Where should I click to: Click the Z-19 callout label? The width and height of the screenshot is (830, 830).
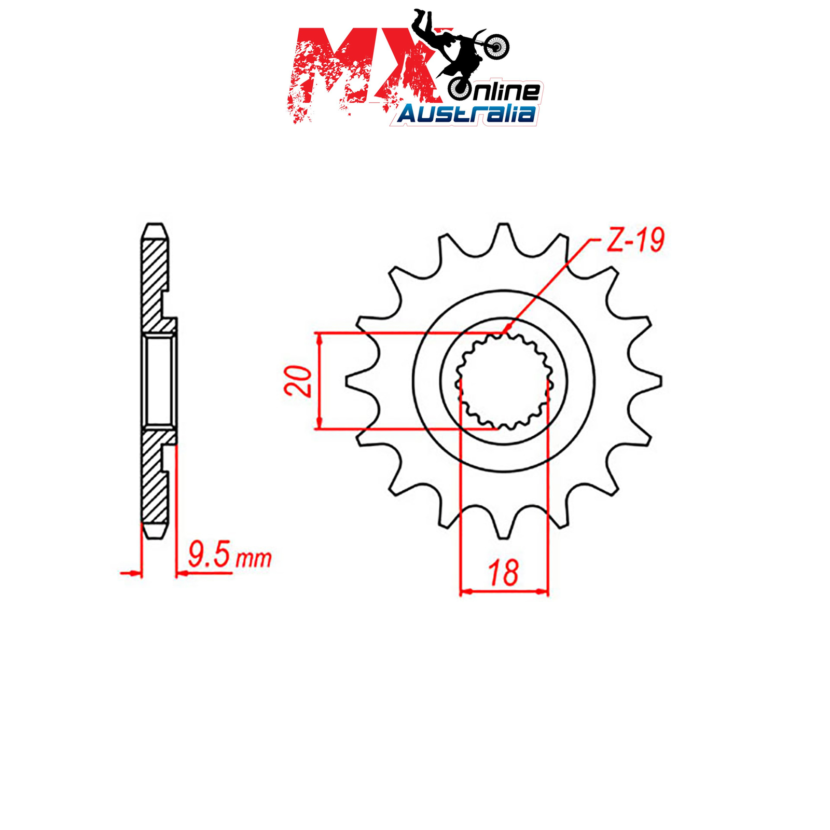pos(635,241)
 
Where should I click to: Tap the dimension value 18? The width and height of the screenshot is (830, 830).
pos(503,573)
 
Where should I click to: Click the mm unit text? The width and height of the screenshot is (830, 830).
pos(254,559)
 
